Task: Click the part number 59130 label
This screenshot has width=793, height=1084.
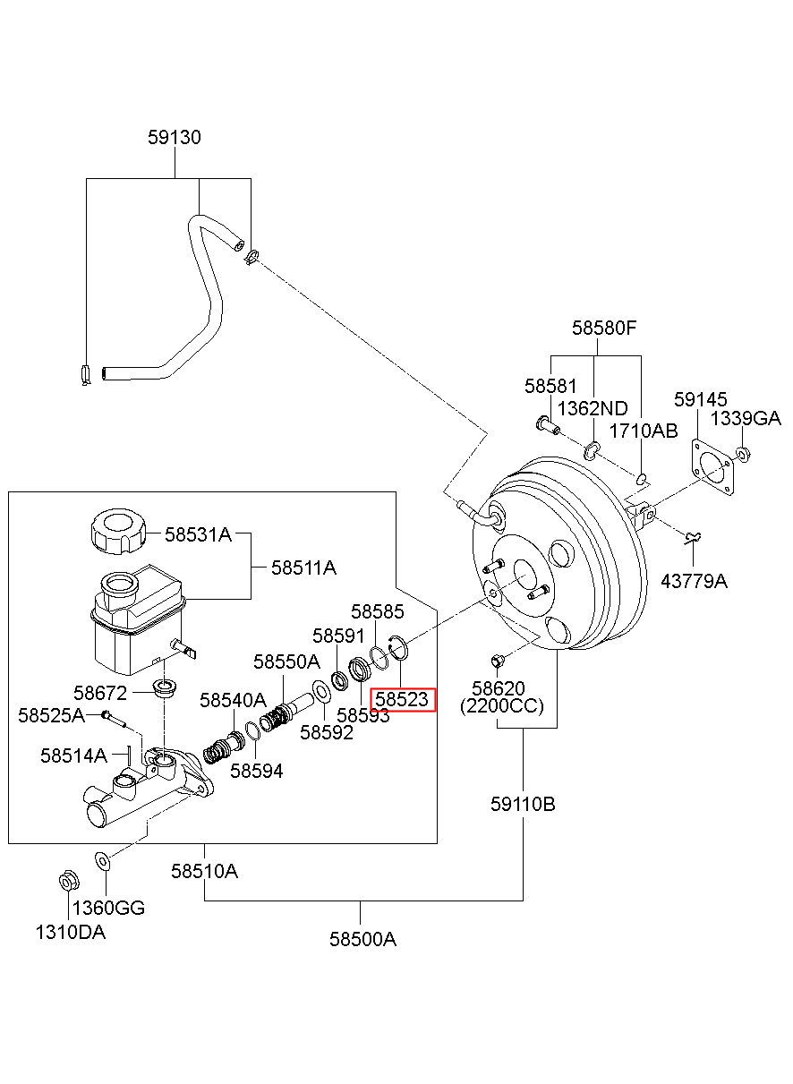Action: pos(175,138)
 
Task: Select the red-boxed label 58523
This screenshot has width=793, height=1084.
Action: pos(403,699)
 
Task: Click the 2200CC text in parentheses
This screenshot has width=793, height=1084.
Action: pos(502,706)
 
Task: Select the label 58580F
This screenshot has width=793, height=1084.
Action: pos(604,329)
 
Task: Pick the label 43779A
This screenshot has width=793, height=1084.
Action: pos(695,581)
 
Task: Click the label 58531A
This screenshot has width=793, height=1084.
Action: pos(199,534)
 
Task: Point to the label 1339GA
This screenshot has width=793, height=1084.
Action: pos(746,418)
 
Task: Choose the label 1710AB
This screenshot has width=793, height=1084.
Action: pos(644,431)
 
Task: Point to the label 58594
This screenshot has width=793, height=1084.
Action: pos(257,771)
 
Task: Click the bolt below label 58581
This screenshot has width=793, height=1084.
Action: pos(548,424)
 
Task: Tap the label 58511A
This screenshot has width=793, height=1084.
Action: pos(303,568)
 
